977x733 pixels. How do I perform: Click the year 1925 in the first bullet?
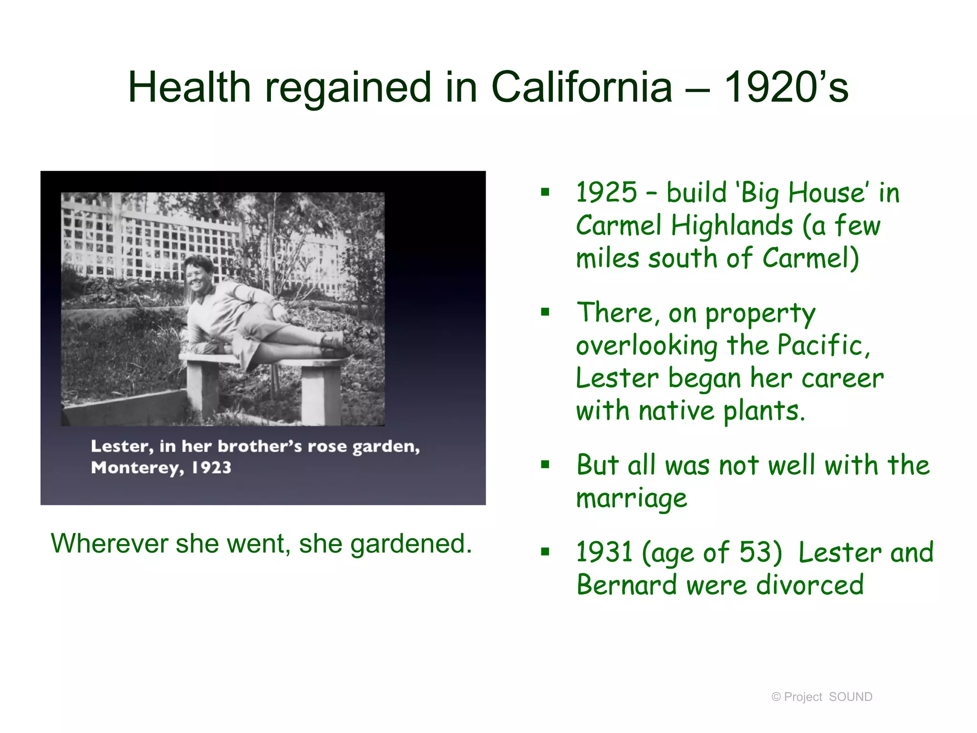coord(606,192)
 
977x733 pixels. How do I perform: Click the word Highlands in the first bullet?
coord(732,225)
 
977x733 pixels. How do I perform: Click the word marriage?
coord(632,499)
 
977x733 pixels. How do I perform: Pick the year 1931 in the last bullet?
coord(604,552)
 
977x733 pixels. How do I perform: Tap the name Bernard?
coord(626,585)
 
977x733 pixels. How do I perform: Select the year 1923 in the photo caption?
coord(211,468)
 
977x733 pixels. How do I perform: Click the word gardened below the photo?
coord(411,544)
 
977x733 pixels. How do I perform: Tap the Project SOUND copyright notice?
coord(821,697)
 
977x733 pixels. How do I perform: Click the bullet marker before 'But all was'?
coord(545,464)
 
